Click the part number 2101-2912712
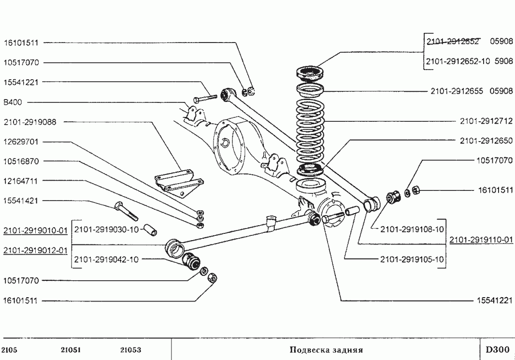(486, 121)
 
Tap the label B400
(13, 102)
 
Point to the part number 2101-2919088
(30, 122)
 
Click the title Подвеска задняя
(326, 350)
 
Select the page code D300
(498, 349)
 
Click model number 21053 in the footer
(131, 350)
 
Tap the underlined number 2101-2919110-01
(481, 240)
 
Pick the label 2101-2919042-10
(106, 259)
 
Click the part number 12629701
(21, 142)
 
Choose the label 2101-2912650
(486, 141)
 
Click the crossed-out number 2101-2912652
(453, 42)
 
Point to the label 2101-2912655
(457, 91)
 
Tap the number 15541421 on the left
(21, 201)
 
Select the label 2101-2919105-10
(412, 259)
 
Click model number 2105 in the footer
(10, 350)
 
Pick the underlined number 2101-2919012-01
(35, 251)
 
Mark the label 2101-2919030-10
(106, 229)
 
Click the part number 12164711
(21, 181)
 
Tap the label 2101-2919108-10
(412, 229)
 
